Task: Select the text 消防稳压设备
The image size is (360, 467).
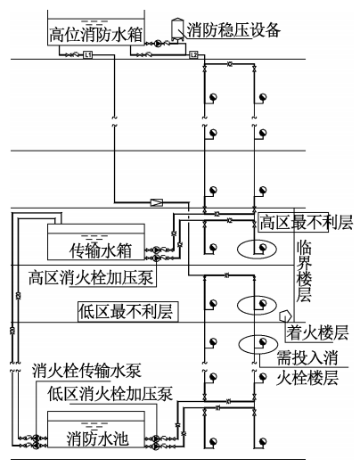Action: (233, 29)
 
